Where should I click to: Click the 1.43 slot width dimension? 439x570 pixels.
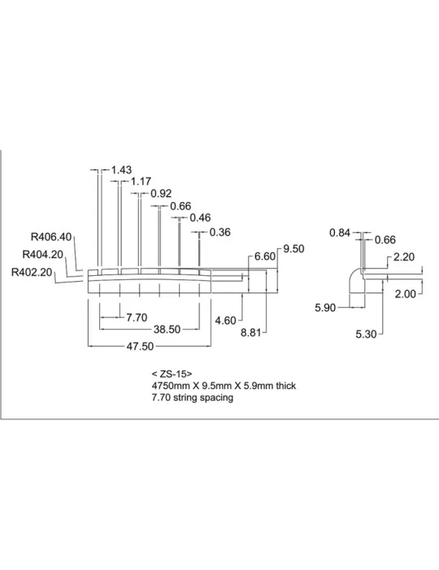121,169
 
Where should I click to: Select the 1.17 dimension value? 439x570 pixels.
141,181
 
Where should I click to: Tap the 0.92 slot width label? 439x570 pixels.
161,194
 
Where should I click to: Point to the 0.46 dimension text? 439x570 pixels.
200,217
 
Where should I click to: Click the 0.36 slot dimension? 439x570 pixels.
219,232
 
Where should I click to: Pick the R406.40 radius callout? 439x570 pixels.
51,237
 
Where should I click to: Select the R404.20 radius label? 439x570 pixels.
43,254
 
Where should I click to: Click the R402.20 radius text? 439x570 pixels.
32,272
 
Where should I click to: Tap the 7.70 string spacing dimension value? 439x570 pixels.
137,318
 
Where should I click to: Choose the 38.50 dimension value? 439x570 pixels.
167,329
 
